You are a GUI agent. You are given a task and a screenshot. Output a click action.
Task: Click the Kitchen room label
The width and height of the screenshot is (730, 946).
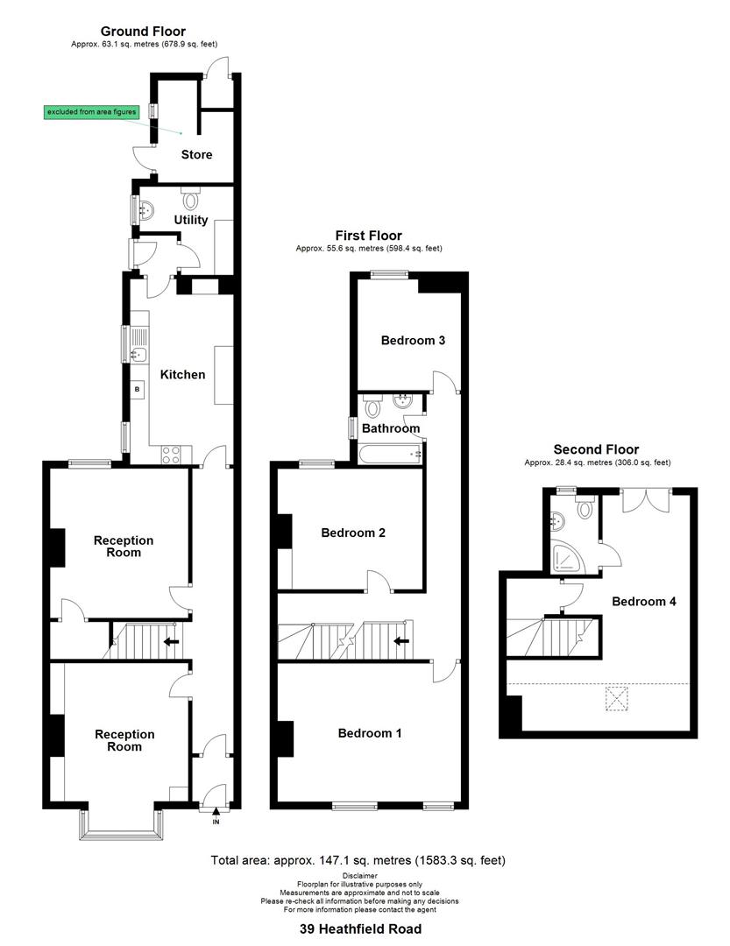point(182,375)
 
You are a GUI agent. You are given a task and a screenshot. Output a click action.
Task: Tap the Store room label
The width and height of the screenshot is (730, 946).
point(196,155)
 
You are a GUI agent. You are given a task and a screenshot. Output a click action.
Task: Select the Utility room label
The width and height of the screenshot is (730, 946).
point(191,221)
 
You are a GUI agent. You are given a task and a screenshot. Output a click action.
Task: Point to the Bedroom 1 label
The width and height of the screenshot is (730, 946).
point(370,733)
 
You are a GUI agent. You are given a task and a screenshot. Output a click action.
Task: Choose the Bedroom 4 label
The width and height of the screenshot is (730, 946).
point(644,602)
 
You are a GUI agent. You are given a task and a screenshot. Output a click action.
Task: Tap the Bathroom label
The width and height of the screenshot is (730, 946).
point(391,429)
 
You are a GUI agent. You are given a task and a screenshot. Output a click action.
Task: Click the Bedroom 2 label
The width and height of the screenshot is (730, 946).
point(353,533)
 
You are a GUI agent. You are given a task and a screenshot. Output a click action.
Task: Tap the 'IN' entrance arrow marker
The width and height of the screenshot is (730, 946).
point(216,818)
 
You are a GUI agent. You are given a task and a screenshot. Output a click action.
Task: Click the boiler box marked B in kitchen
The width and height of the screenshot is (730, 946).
point(138,388)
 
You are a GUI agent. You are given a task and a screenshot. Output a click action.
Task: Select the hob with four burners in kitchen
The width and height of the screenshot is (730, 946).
point(171,455)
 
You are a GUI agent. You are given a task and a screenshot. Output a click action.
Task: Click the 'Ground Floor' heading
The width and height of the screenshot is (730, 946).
point(143,32)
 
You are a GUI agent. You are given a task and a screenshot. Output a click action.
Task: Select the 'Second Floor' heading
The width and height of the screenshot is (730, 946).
point(596,450)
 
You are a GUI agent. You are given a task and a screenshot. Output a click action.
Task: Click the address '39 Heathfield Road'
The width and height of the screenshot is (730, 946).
point(358,929)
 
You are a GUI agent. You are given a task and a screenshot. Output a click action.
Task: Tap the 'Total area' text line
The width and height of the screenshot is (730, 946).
point(358,861)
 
